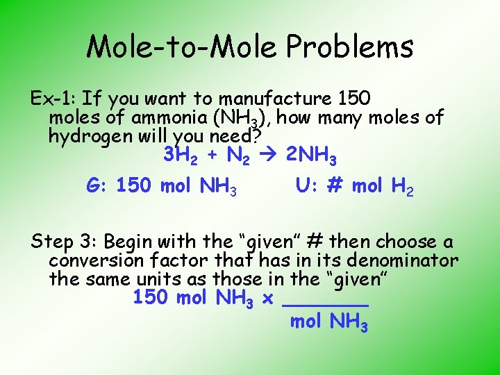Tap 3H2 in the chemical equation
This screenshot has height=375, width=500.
pyautogui.click(x=181, y=156)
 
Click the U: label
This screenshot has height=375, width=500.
pyautogui.click(x=306, y=186)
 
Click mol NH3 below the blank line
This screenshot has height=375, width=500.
pyautogui.click(x=328, y=322)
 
